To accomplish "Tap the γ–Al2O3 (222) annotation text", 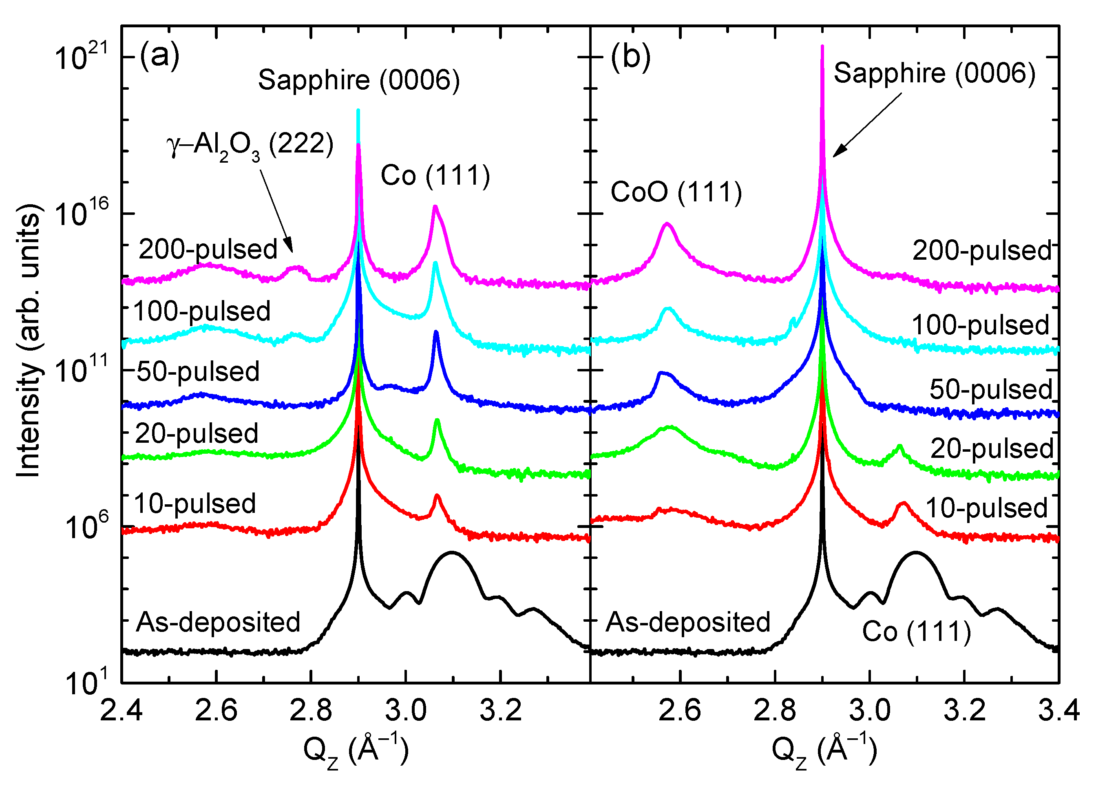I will [250, 145].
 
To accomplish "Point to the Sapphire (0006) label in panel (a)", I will [358, 80].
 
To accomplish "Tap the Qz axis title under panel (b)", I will [824, 751].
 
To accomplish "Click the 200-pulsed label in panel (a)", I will [208, 249].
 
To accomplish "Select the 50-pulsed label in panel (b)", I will [991, 389].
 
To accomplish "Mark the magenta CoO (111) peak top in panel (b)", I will [667, 224].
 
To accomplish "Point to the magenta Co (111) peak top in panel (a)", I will [435, 207].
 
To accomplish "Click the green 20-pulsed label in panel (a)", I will [196, 433].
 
